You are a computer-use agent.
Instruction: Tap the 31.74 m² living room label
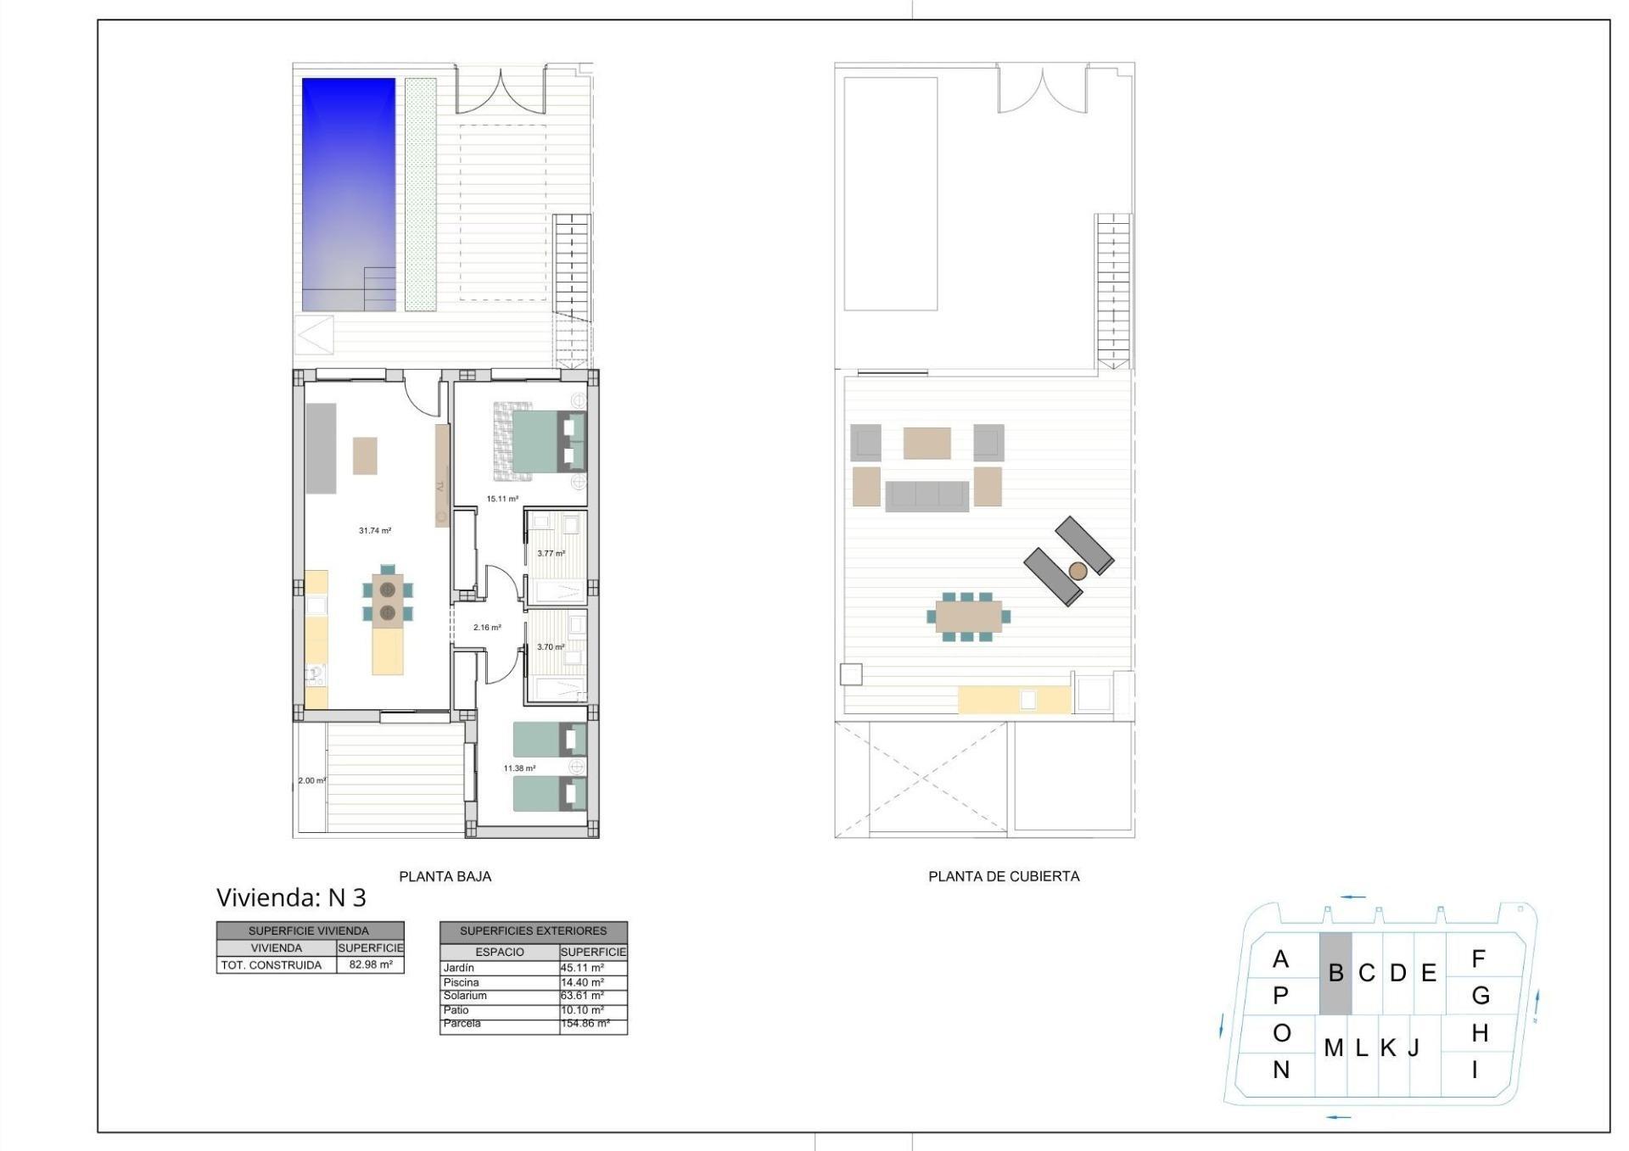pyautogui.click(x=375, y=531)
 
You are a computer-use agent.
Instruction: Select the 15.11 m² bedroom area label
pyautogui.click(x=502, y=499)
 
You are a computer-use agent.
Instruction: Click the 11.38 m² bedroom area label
pyautogui.click(x=519, y=768)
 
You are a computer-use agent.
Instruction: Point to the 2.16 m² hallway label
pyautogui.click(x=487, y=628)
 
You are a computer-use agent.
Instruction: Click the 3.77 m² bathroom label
pyautogui.click(x=551, y=554)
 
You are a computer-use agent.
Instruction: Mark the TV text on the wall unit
pyautogui.click(x=440, y=487)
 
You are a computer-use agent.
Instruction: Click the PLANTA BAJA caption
pyautogui.click(x=445, y=876)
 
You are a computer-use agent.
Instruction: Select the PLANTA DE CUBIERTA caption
pyautogui.click(x=1004, y=876)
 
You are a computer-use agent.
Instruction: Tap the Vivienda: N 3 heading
pyautogui.click(x=291, y=897)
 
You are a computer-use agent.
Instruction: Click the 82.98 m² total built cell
pyautogui.click(x=371, y=964)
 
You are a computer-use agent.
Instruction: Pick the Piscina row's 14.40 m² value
pyautogui.click(x=583, y=982)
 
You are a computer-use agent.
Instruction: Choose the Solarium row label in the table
pyautogui.click(x=465, y=996)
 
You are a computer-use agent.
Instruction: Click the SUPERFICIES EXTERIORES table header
pyautogui.click(x=533, y=930)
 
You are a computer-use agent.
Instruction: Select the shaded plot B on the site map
pyautogui.click(x=1335, y=974)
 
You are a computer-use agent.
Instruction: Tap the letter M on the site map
pyautogui.click(x=1333, y=1048)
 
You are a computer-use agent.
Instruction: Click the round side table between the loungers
pyautogui.click(x=1078, y=571)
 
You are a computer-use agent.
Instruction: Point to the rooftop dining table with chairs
pyautogui.click(x=968, y=617)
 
